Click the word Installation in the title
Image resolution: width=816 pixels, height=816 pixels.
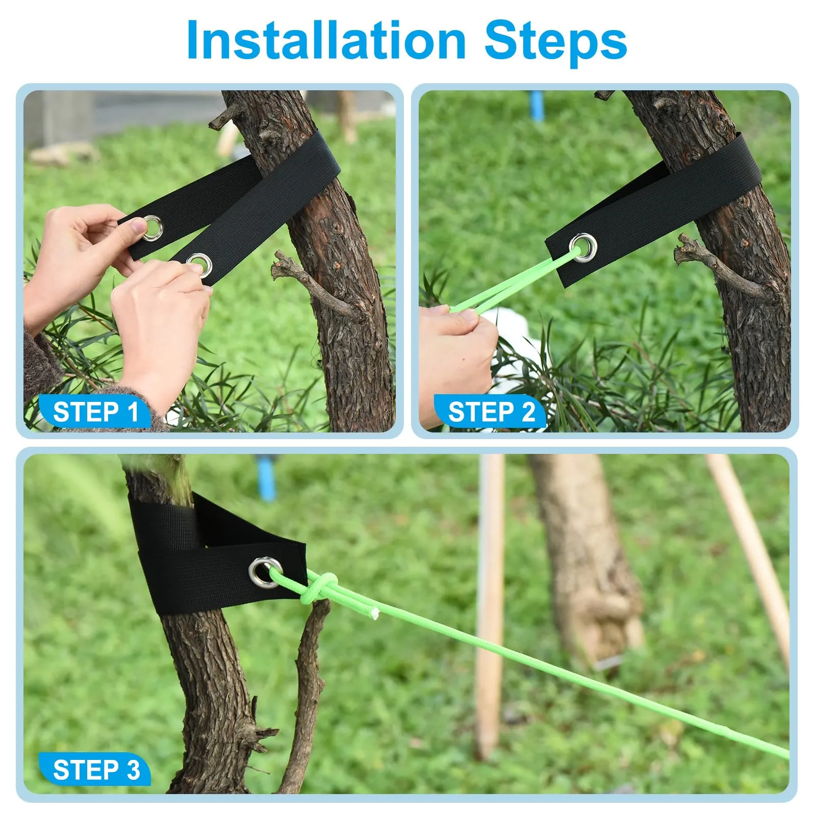(x=326, y=40)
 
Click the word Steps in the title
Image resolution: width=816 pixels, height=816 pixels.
(x=555, y=42)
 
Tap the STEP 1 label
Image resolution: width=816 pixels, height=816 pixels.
(x=96, y=412)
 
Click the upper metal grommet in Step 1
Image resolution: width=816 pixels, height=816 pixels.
(x=152, y=227)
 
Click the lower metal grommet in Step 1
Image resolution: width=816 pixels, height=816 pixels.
(x=199, y=265)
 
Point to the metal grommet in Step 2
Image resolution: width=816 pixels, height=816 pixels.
(x=583, y=247)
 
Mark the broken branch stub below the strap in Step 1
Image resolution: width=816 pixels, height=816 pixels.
(x=316, y=286)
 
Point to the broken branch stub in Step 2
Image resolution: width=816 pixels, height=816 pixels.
(x=724, y=268)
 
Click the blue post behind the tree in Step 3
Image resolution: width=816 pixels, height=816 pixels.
(x=266, y=477)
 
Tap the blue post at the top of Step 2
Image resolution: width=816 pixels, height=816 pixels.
(x=537, y=106)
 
